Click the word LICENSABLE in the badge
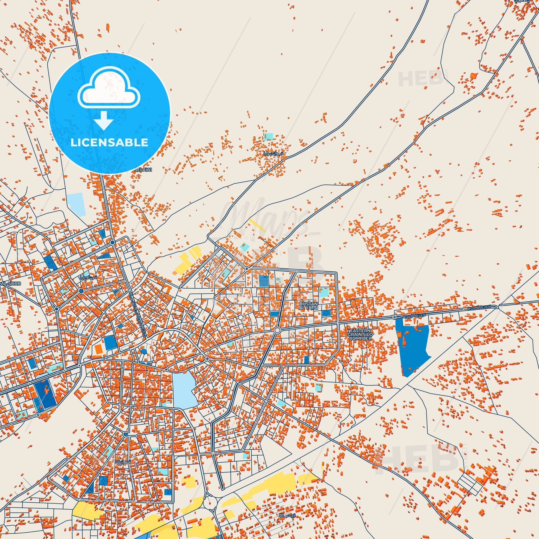pyautogui.click(x=109, y=142)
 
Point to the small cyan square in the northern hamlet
pyautogui.click(x=269, y=137)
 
